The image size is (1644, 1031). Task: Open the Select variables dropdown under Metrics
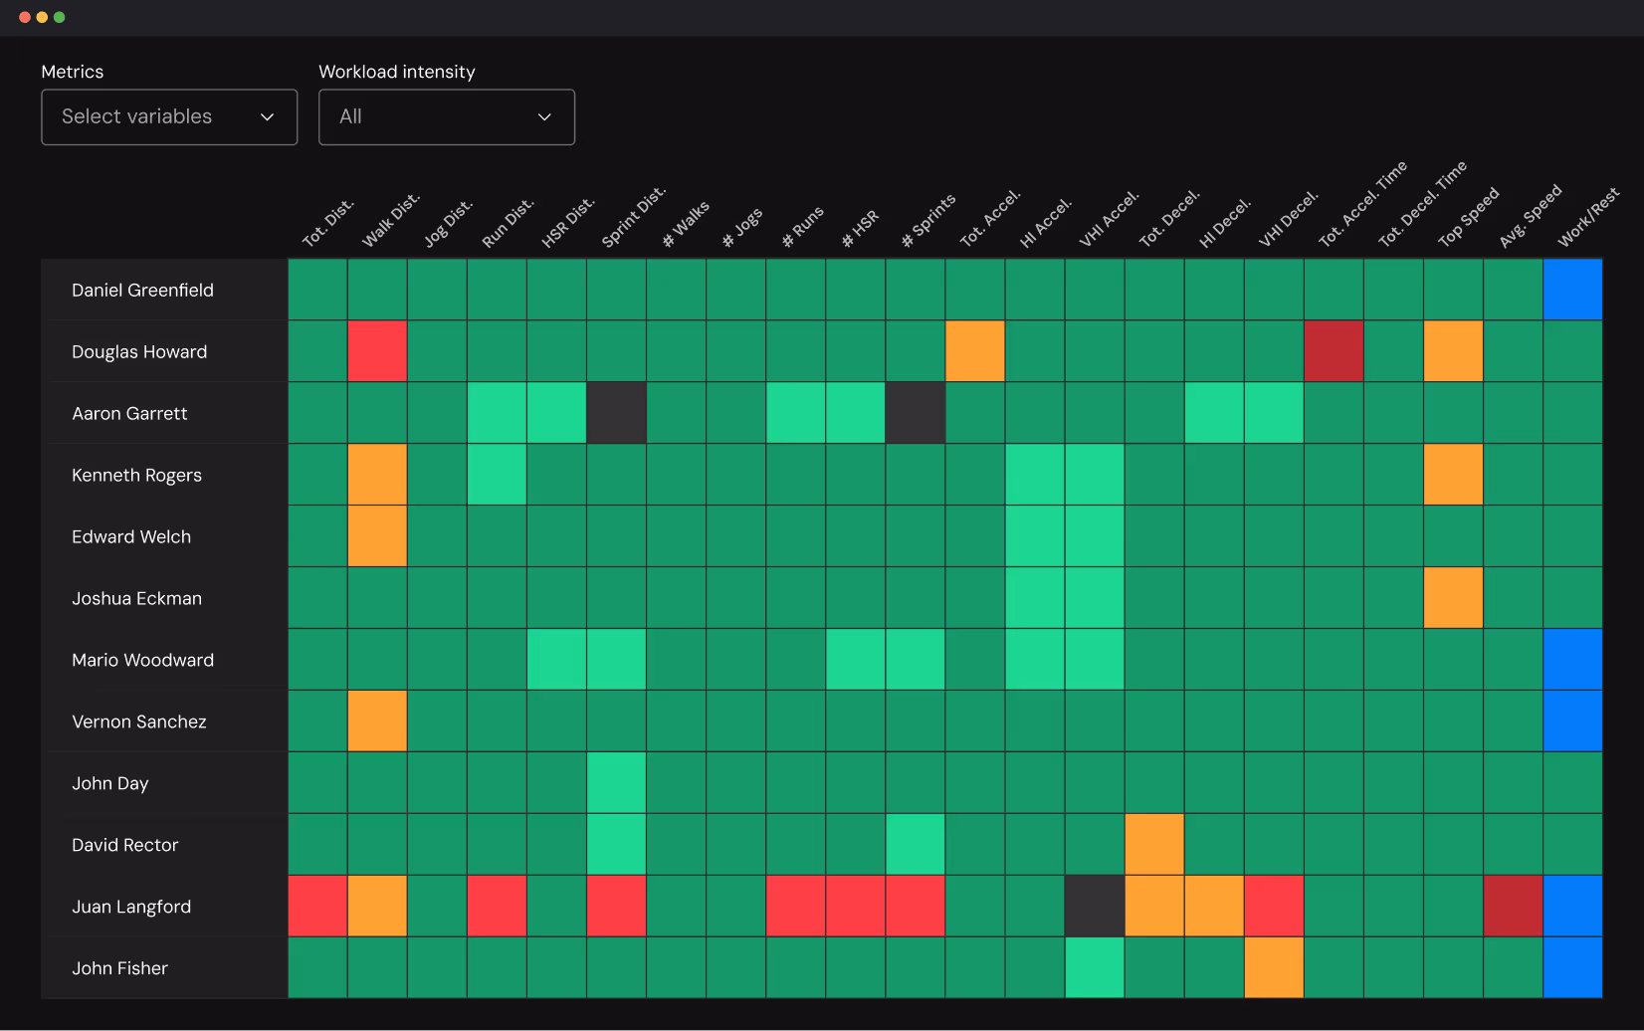coord(169,117)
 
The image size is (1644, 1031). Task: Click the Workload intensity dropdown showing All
coord(446,117)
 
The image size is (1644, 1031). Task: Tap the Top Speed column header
coord(1468,218)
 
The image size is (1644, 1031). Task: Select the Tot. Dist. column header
coord(328,224)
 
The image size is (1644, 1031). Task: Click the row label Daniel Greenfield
coord(142,291)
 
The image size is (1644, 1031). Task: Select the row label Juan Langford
coord(131,907)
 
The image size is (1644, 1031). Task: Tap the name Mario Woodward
coord(142,660)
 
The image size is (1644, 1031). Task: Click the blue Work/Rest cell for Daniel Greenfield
coord(1572,290)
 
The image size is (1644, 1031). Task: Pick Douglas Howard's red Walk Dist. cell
coord(377,351)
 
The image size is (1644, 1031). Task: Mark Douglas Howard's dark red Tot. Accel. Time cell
coord(1334,351)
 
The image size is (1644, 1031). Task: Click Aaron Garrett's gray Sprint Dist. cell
coord(616,413)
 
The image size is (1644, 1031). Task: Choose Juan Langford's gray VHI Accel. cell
coord(1095,907)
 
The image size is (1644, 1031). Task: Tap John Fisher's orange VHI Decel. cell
coord(1274,968)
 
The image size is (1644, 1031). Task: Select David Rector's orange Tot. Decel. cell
coord(1154,845)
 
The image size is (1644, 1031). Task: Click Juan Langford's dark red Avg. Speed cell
coord(1513,907)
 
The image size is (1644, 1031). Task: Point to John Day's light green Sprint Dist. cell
coord(616,783)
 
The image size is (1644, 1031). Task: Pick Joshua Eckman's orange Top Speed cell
coord(1453,598)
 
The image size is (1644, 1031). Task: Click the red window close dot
coord(25,17)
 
